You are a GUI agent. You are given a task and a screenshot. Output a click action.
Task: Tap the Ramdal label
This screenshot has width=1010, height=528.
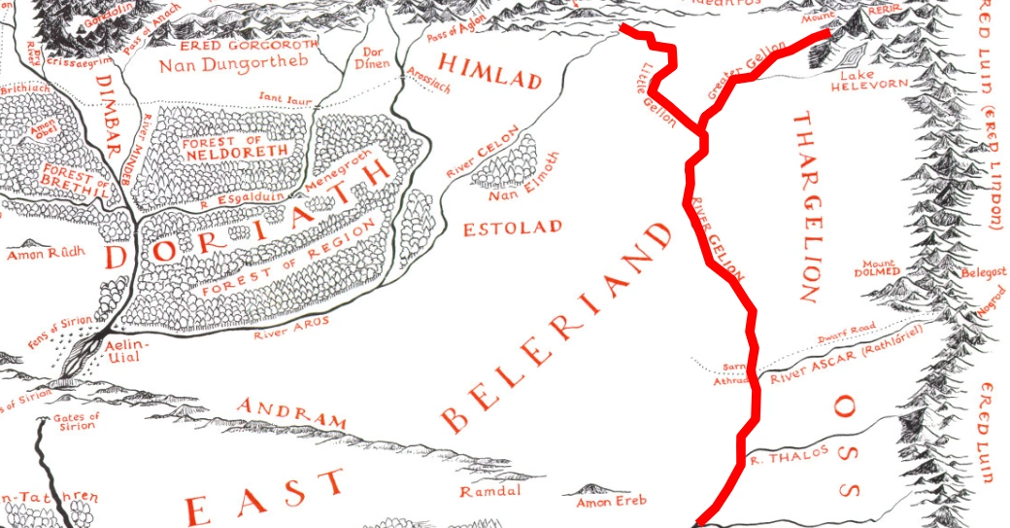(x=485, y=493)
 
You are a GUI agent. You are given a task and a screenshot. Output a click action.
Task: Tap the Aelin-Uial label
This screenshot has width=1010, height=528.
(x=130, y=351)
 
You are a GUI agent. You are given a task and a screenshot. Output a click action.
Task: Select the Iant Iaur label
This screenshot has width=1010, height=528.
(x=282, y=96)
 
